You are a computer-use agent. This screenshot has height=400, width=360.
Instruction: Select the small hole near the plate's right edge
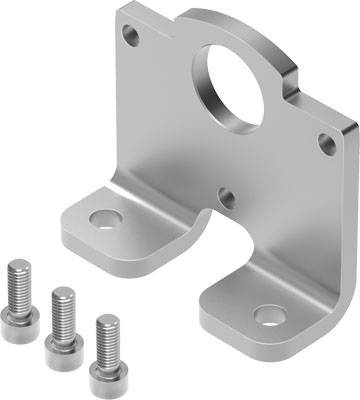(x=326, y=142)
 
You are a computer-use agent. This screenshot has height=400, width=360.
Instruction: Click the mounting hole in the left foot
(x=101, y=217)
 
